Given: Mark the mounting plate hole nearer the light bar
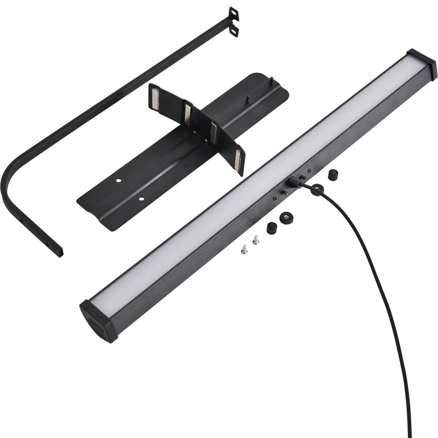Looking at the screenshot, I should tap(141, 199).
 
